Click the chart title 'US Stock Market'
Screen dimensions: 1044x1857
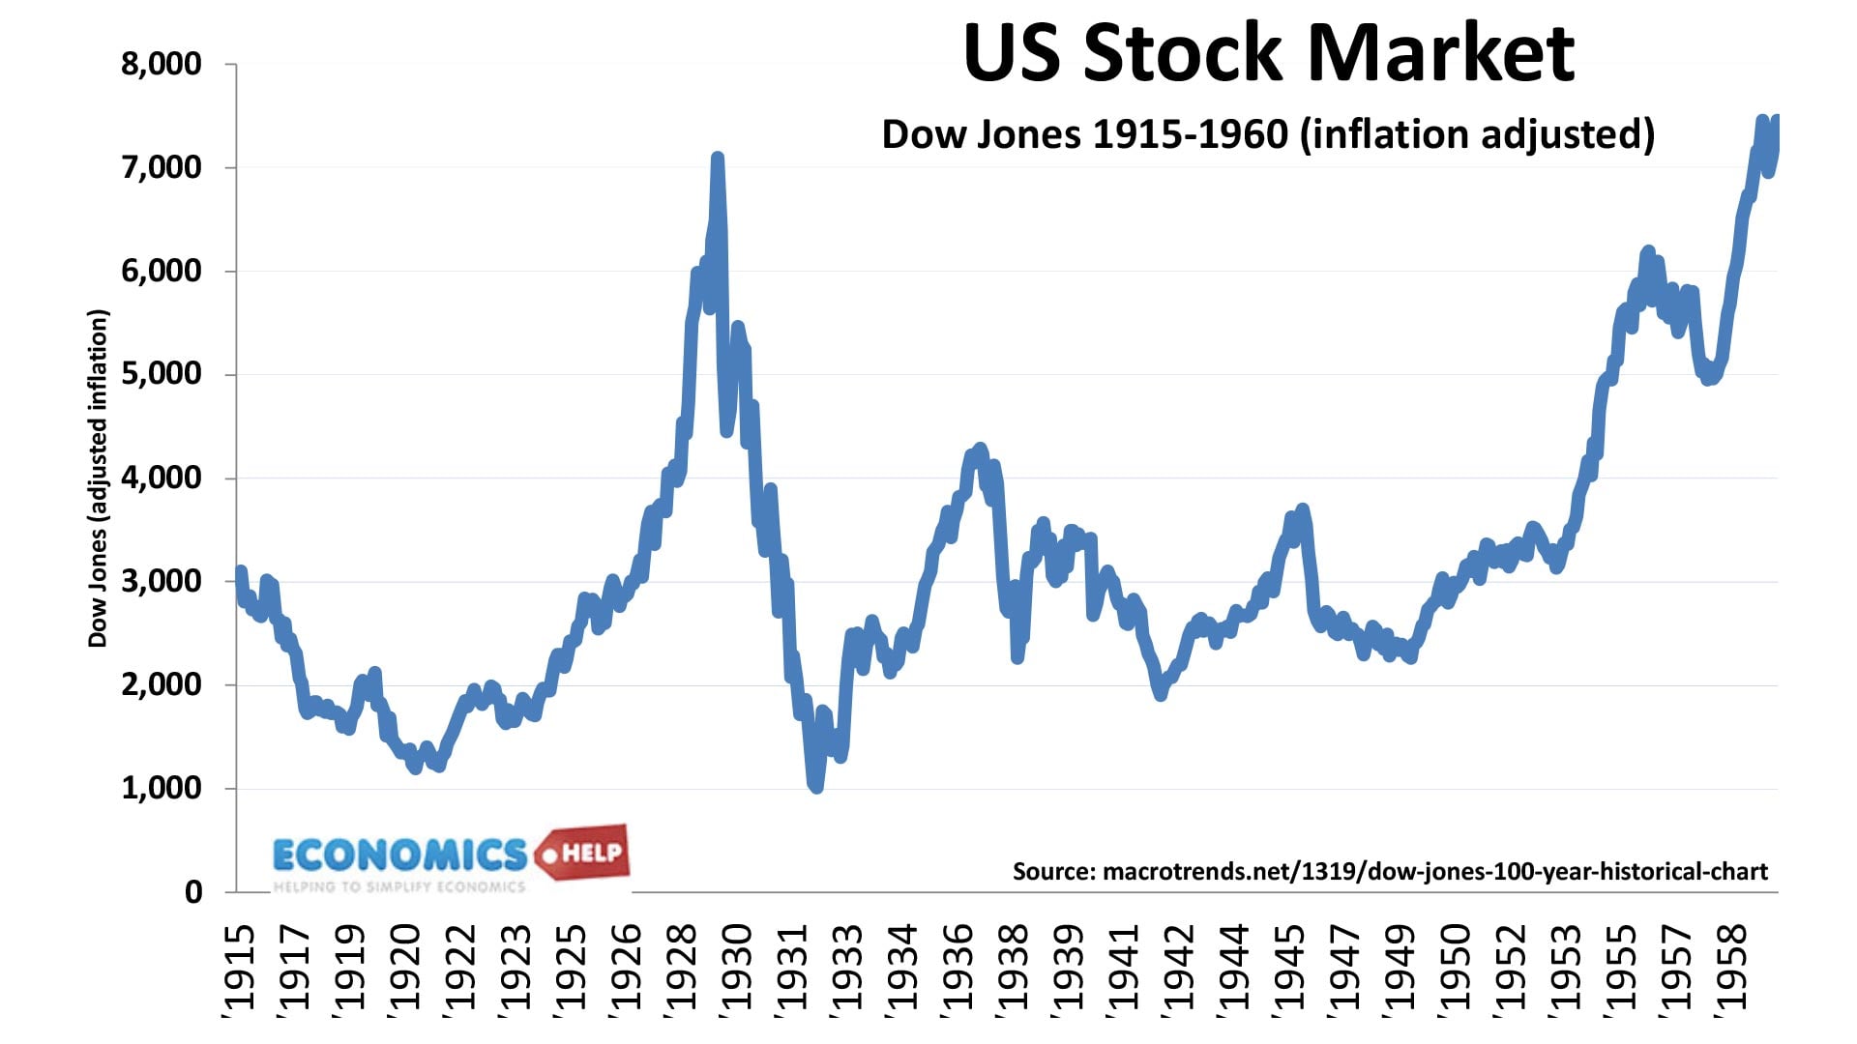tap(1269, 52)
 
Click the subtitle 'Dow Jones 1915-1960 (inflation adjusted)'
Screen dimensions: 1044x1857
tap(1268, 134)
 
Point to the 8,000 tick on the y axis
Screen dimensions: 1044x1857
tap(161, 65)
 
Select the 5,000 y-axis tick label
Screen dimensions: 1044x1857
tap(161, 374)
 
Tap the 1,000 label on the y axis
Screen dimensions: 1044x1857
tap(161, 788)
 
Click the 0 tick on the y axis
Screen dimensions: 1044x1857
tap(193, 891)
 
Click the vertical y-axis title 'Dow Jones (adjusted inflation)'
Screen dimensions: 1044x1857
tap(98, 478)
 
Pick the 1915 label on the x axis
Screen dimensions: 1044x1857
tap(238, 967)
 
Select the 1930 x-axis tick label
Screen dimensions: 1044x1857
tap(737, 967)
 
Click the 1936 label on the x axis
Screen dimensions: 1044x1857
tap(958, 967)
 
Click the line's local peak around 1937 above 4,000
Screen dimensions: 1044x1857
tap(979, 449)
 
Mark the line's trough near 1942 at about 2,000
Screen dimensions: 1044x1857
tap(1161, 694)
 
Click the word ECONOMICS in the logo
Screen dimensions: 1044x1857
tap(399, 855)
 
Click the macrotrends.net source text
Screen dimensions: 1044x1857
tap(1390, 872)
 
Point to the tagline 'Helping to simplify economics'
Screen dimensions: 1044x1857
tap(398, 886)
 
